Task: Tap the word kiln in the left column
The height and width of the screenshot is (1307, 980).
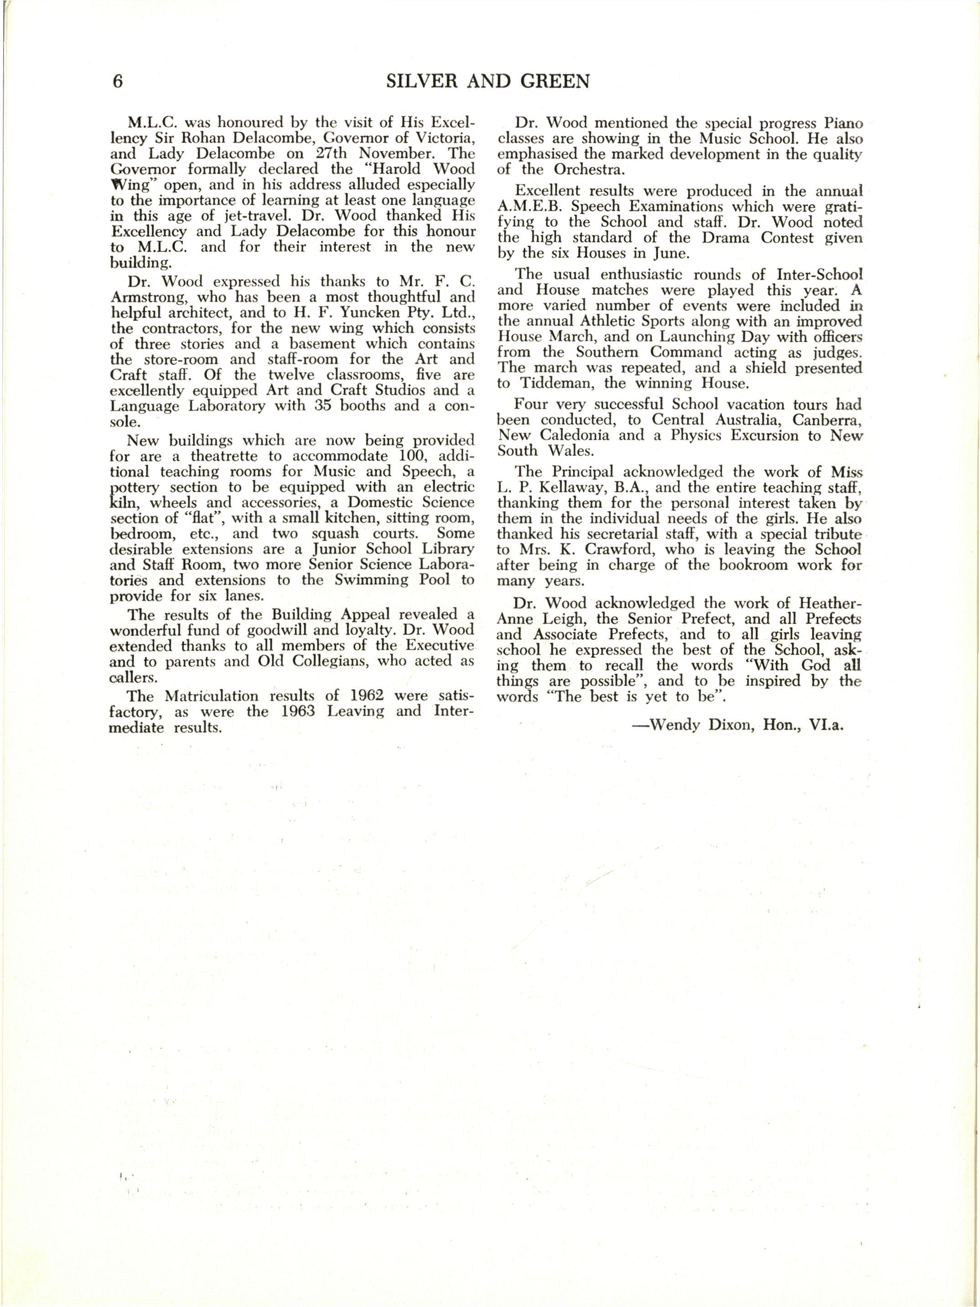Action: [x=124, y=503]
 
